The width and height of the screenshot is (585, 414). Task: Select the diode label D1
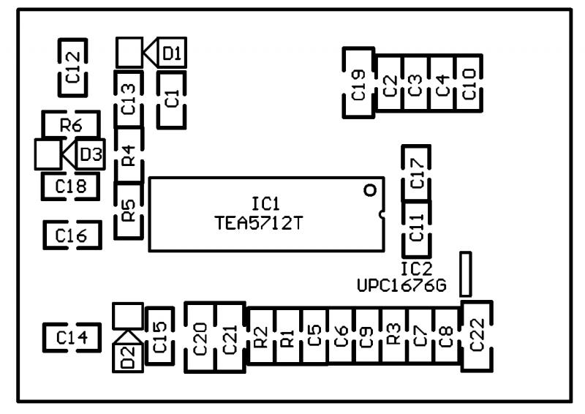pyautogui.click(x=173, y=53)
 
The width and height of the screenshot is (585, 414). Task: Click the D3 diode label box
pyautogui.click(x=91, y=154)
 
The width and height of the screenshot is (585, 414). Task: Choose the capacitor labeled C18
pyautogui.click(x=71, y=186)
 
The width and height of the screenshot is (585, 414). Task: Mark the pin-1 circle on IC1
pyautogui.click(x=370, y=190)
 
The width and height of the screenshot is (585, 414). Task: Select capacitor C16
pyautogui.click(x=71, y=234)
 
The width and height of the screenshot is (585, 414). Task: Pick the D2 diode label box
pyautogui.click(x=128, y=358)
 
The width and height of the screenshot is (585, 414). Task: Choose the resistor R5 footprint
pyautogui.click(x=129, y=212)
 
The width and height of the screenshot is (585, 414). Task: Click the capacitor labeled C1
pyautogui.click(x=173, y=98)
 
